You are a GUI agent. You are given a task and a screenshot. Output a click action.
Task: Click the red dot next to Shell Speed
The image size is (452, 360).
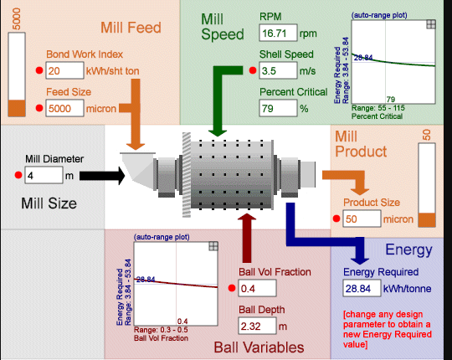[x=251, y=71]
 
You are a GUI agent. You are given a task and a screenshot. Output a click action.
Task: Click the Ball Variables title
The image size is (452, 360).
[x=259, y=347]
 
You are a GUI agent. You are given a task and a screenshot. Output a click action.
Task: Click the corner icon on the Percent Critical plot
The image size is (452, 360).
[x=430, y=25]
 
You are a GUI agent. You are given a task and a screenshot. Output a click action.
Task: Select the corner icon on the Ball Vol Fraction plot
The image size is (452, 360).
[x=213, y=245]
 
